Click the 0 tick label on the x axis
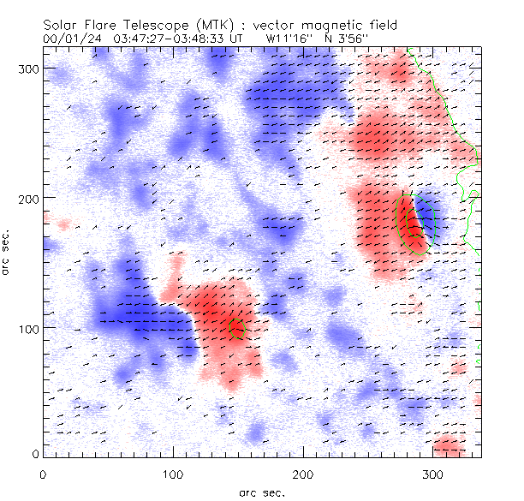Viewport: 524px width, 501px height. [43, 474]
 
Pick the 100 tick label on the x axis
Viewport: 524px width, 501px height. [173, 474]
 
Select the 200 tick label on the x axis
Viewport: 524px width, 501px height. [302, 474]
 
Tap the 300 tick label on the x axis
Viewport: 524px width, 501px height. [432, 474]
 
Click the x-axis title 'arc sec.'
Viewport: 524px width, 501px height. [261, 492]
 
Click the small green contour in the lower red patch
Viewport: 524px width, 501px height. [238, 327]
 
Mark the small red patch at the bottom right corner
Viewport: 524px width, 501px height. [450, 444]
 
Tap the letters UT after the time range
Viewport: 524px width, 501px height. [236, 39]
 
